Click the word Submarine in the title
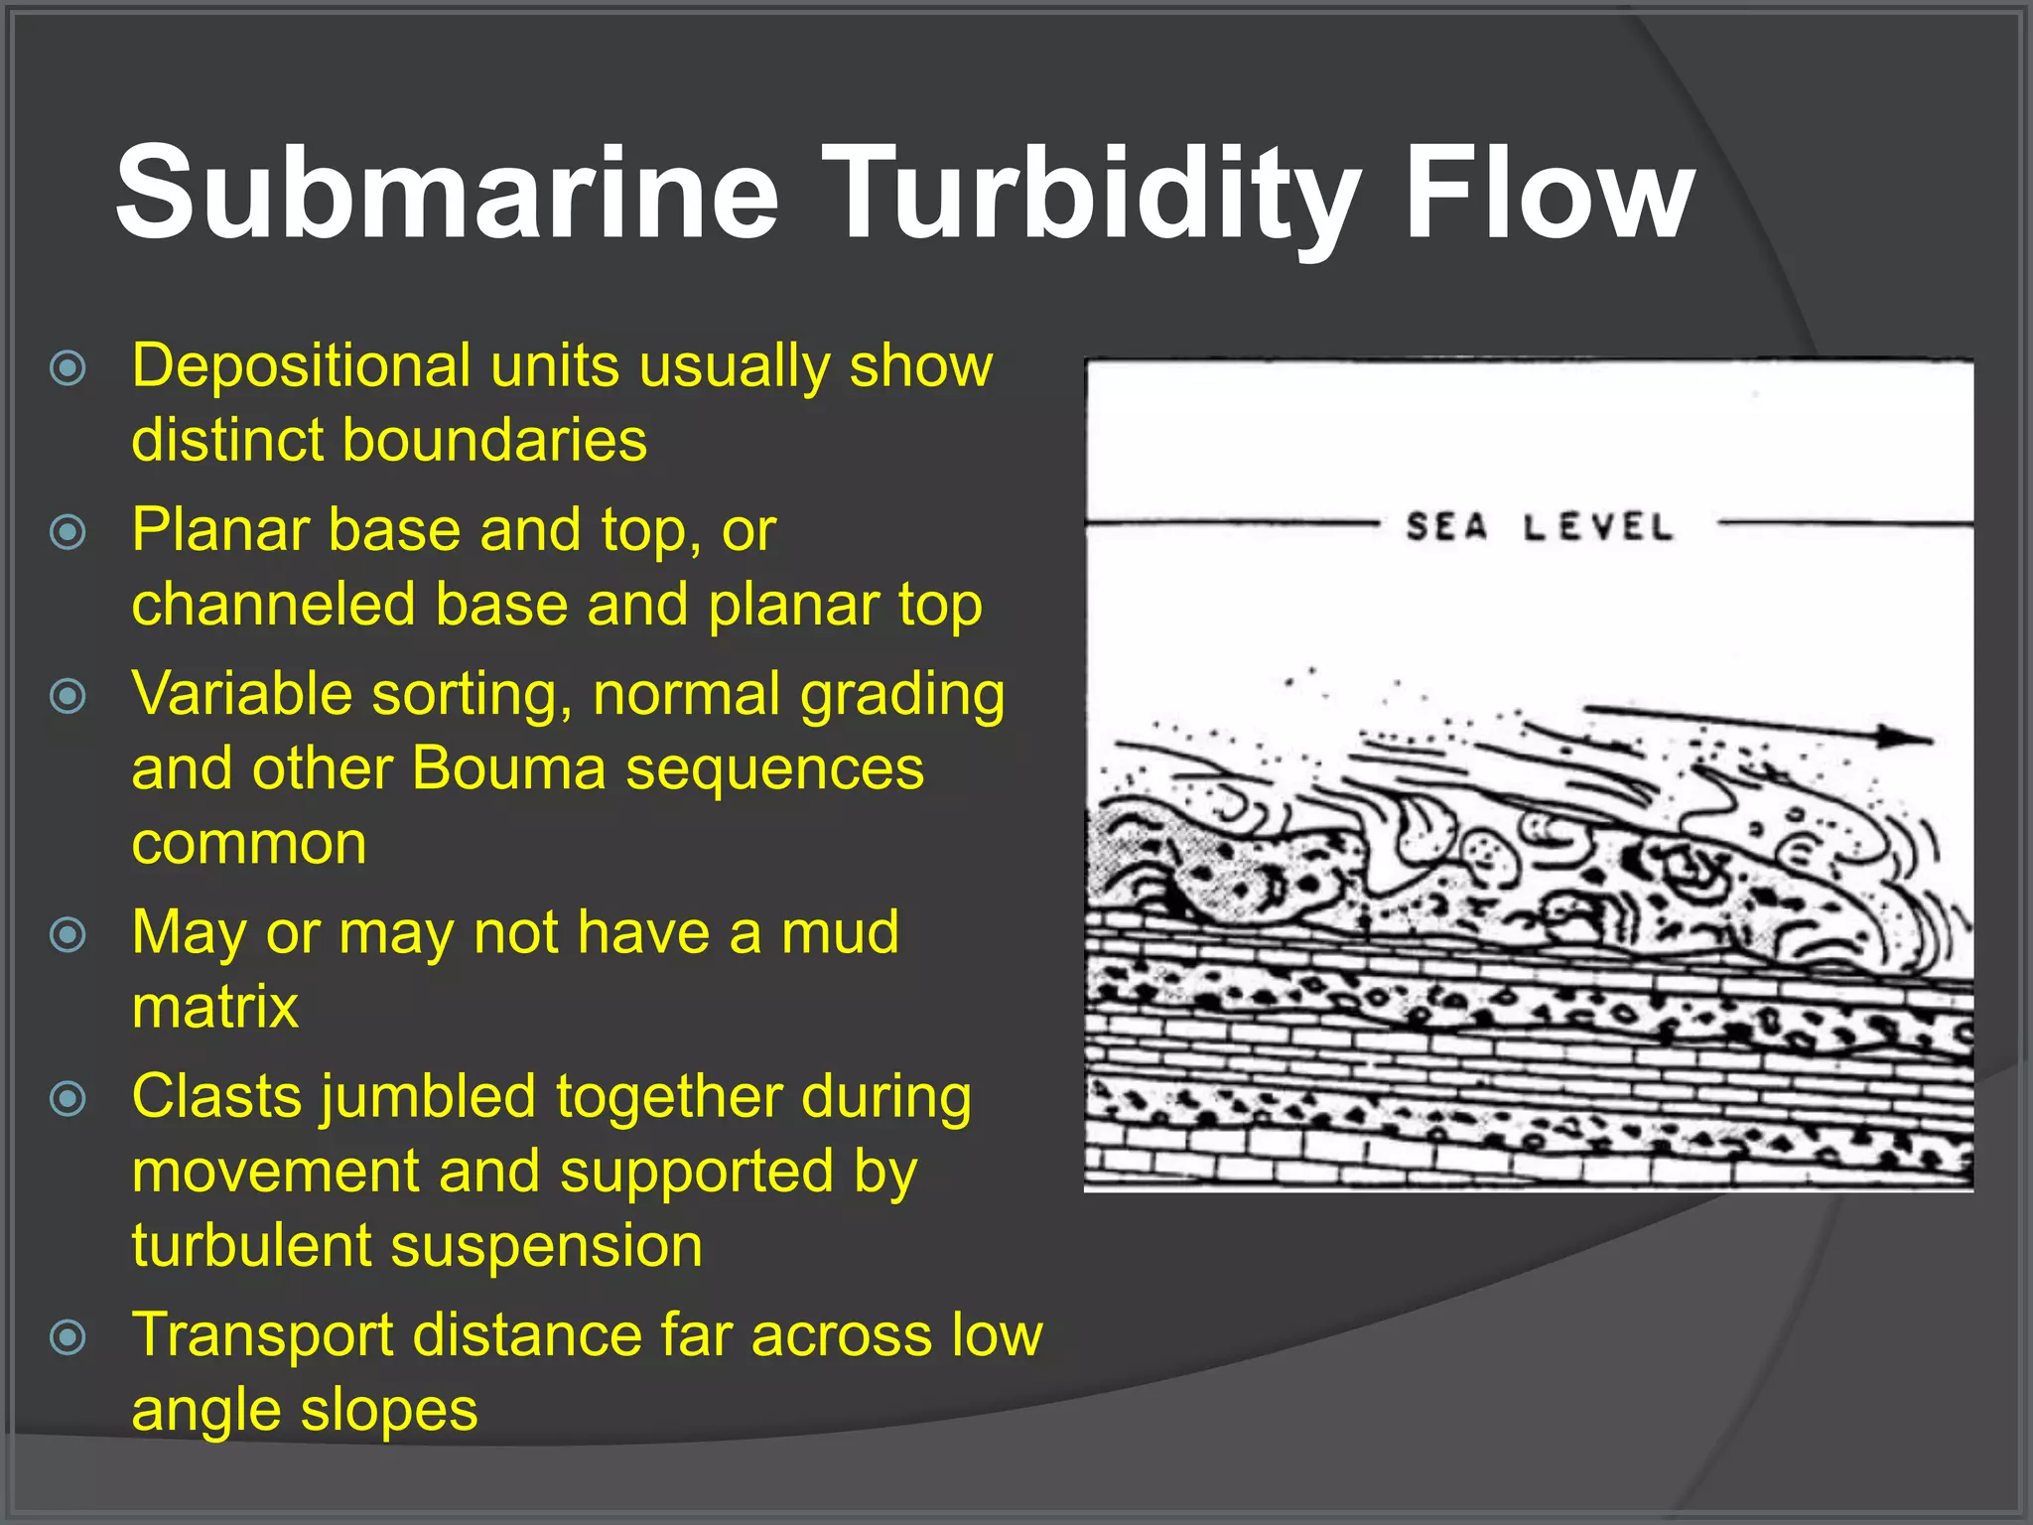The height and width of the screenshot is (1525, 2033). click(447, 194)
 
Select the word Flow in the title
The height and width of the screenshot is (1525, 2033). click(1550, 194)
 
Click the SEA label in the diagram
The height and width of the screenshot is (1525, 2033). click(1447, 526)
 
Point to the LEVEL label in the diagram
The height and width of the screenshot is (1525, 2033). click(1598, 526)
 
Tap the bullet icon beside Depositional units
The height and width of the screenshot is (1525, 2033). click(68, 368)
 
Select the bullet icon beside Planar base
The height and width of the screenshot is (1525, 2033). click(68, 532)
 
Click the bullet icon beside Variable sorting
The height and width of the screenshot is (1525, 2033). click(68, 696)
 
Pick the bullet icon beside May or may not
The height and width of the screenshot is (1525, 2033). click(68, 934)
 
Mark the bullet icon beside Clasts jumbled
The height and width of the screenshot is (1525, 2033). click(68, 1098)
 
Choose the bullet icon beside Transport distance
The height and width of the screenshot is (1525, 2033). click(68, 1336)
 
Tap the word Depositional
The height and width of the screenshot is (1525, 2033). click(301, 367)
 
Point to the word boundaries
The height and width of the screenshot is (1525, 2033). click(493, 441)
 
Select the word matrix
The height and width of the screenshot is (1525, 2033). click(214, 1008)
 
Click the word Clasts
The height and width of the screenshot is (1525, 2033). click(216, 1097)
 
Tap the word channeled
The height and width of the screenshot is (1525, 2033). click(273, 606)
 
